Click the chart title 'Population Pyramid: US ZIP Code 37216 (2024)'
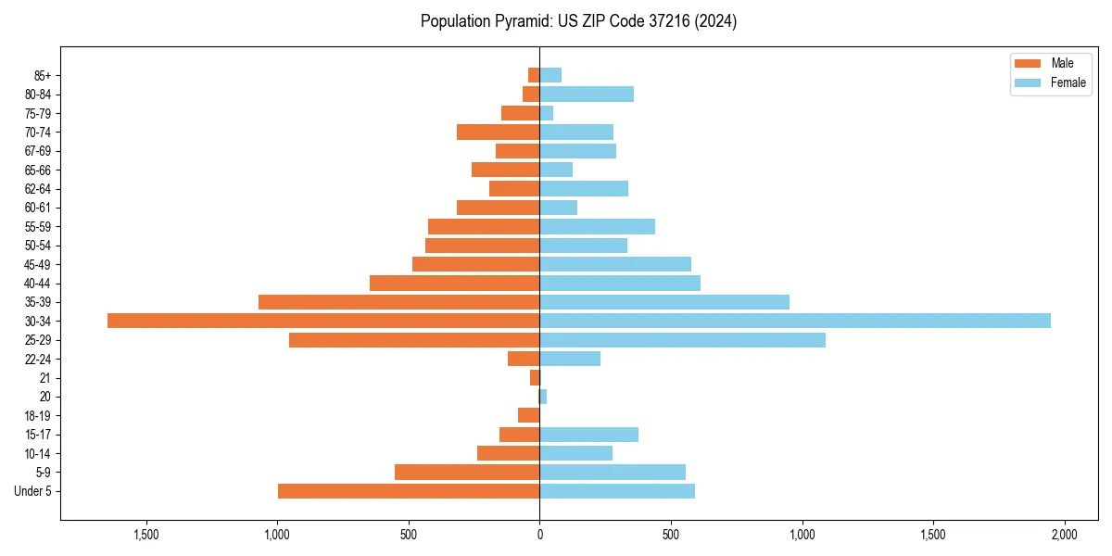click(578, 21)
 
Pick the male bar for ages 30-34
click(323, 321)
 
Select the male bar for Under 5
click(409, 491)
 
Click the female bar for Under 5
click(617, 491)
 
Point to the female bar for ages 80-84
click(587, 94)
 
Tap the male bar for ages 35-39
click(398, 302)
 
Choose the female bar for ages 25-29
click(682, 340)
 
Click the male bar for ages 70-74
click(498, 132)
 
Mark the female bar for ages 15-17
click(588, 435)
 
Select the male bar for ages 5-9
click(467, 473)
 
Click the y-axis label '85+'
click(42, 75)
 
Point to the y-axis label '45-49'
click(37, 264)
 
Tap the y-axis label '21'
click(45, 378)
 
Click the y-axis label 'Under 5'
click(32, 491)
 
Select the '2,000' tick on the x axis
click(1064, 535)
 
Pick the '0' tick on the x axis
click(539, 535)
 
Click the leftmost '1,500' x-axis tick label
click(146, 535)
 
